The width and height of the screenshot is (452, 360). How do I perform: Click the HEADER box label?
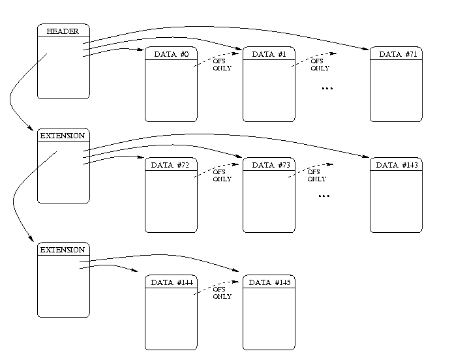pos(63,31)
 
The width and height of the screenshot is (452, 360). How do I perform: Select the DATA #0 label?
pos(171,54)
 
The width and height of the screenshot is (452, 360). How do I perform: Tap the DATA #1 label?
pos(269,54)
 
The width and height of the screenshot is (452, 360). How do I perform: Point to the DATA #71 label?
pos(397,54)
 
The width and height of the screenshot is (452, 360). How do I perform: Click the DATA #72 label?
pos(171,165)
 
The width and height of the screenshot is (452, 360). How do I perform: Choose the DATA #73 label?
pos(269,165)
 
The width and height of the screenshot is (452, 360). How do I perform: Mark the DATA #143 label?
pos(397,165)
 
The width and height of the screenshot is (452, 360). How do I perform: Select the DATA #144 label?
pos(171,282)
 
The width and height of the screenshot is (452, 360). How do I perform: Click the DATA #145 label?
pos(269,282)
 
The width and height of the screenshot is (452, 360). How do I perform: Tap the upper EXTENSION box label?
pos(63,136)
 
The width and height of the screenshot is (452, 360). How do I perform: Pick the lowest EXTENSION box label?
pos(63,250)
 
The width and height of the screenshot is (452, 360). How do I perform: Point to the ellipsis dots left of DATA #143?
pos(324,196)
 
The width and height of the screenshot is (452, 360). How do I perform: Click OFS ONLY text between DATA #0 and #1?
pos(222,65)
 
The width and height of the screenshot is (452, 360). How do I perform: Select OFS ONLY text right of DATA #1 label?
pos(320,65)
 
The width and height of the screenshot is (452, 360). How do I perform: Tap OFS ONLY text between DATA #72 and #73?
pos(222,176)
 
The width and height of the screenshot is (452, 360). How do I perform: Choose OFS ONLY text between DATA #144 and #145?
pos(222,293)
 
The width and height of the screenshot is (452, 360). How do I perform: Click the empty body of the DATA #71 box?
pos(397,91)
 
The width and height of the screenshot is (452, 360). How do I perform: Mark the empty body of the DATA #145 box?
pos(269,320)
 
